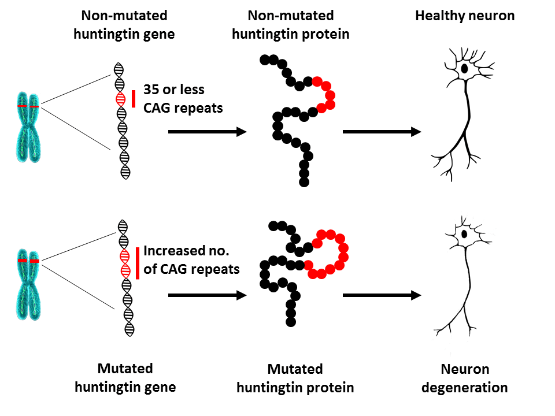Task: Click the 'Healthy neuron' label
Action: (x=465, y=16)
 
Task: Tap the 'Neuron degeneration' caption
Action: (x=464, y=378)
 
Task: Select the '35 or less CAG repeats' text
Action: (x=183, y=99)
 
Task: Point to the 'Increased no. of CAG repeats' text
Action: (x=191, y=260)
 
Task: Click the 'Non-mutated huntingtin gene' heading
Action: (x=125, y=24)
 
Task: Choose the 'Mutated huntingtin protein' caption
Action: (x=295, y=378)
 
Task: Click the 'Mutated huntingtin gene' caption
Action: (x=125, y=378)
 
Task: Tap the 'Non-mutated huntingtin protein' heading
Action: (x=290, y=24)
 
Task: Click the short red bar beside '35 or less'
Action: (x=134, y=99)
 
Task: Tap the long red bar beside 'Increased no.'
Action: (x=138, y=263)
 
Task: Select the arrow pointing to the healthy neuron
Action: (x=382, y=132)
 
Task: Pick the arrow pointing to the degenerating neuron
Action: (x=382, y=295)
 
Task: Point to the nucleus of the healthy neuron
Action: (x=464, y=69)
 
